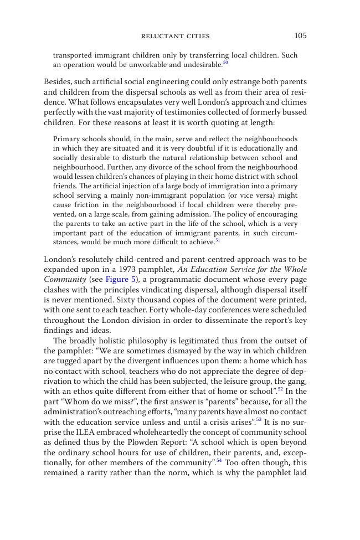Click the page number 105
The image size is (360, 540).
[300, 36]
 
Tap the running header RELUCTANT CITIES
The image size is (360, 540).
[176, 37]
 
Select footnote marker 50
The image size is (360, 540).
[225, 63]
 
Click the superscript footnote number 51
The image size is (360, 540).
[218, 240]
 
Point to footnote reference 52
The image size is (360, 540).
[280, 389]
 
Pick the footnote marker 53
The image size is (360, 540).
[258, 419]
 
